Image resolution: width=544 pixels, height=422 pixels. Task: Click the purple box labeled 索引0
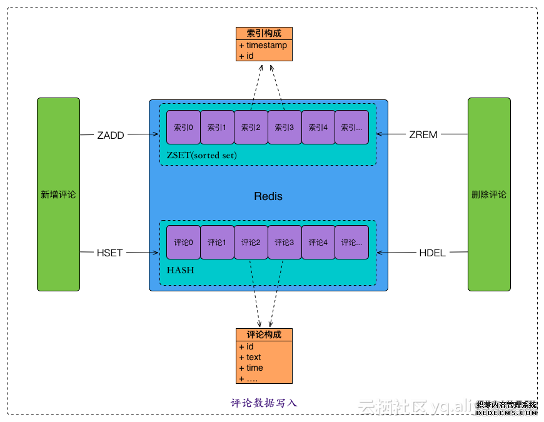click(183, 128)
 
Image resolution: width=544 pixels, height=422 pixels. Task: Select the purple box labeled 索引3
click(285, 128)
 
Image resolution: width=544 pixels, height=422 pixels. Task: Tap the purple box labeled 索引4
click(318, 128)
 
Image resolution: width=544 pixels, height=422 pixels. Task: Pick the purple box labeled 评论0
click(183, 243)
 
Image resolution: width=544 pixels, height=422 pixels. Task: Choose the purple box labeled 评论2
click(251, 243)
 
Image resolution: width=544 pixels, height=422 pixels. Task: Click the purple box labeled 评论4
click(318, 243)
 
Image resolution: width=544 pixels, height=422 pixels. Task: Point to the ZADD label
click(110, 134)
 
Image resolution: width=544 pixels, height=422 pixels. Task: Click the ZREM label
click(423, 134)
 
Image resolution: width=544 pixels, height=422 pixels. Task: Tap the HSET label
click(110, 253)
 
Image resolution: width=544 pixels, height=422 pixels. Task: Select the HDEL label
click(433, 253)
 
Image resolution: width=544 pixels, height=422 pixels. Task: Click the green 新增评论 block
click(58, 194)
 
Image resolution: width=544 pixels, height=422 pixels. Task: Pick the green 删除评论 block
click(489, 194)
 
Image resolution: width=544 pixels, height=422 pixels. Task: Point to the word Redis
click(268, 196)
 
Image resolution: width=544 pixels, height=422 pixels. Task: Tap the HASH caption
click(180, 271)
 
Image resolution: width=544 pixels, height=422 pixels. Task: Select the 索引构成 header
click(264, 34)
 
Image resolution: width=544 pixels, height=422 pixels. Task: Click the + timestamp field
click(264, 46)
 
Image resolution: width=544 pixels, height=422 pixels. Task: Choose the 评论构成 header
click(264, 334)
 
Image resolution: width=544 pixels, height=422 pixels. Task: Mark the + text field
click(251, 358)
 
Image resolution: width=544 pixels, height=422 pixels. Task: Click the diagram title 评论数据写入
click(264, 403)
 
